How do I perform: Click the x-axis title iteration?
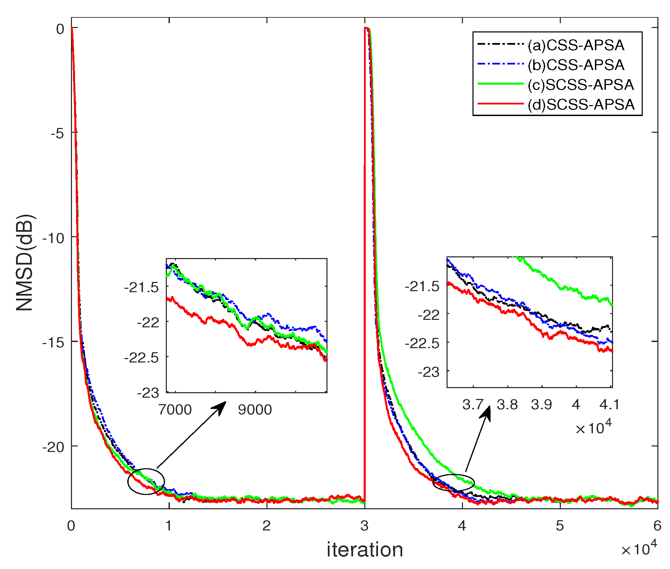[x=365, y=550]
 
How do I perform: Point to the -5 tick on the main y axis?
[x=57, y=133]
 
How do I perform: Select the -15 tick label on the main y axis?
[x=53, y=342]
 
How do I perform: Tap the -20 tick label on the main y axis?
[x=53, y=447]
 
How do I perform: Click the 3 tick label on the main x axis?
[x=364, y=526]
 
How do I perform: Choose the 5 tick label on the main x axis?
[x=560, y=526]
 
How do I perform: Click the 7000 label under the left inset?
[x=175, y=410]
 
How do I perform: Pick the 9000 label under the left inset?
[x=255, y=410]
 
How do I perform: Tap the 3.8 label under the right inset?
[x=507, y=405]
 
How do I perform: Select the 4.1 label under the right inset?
[x=609, y=405]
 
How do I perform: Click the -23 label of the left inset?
[x=148, y=393]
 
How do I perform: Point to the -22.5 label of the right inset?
[x=422, y=343]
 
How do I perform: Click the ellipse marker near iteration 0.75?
[x=146, y=481]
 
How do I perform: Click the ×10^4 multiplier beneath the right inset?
[x=594, y=428]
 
